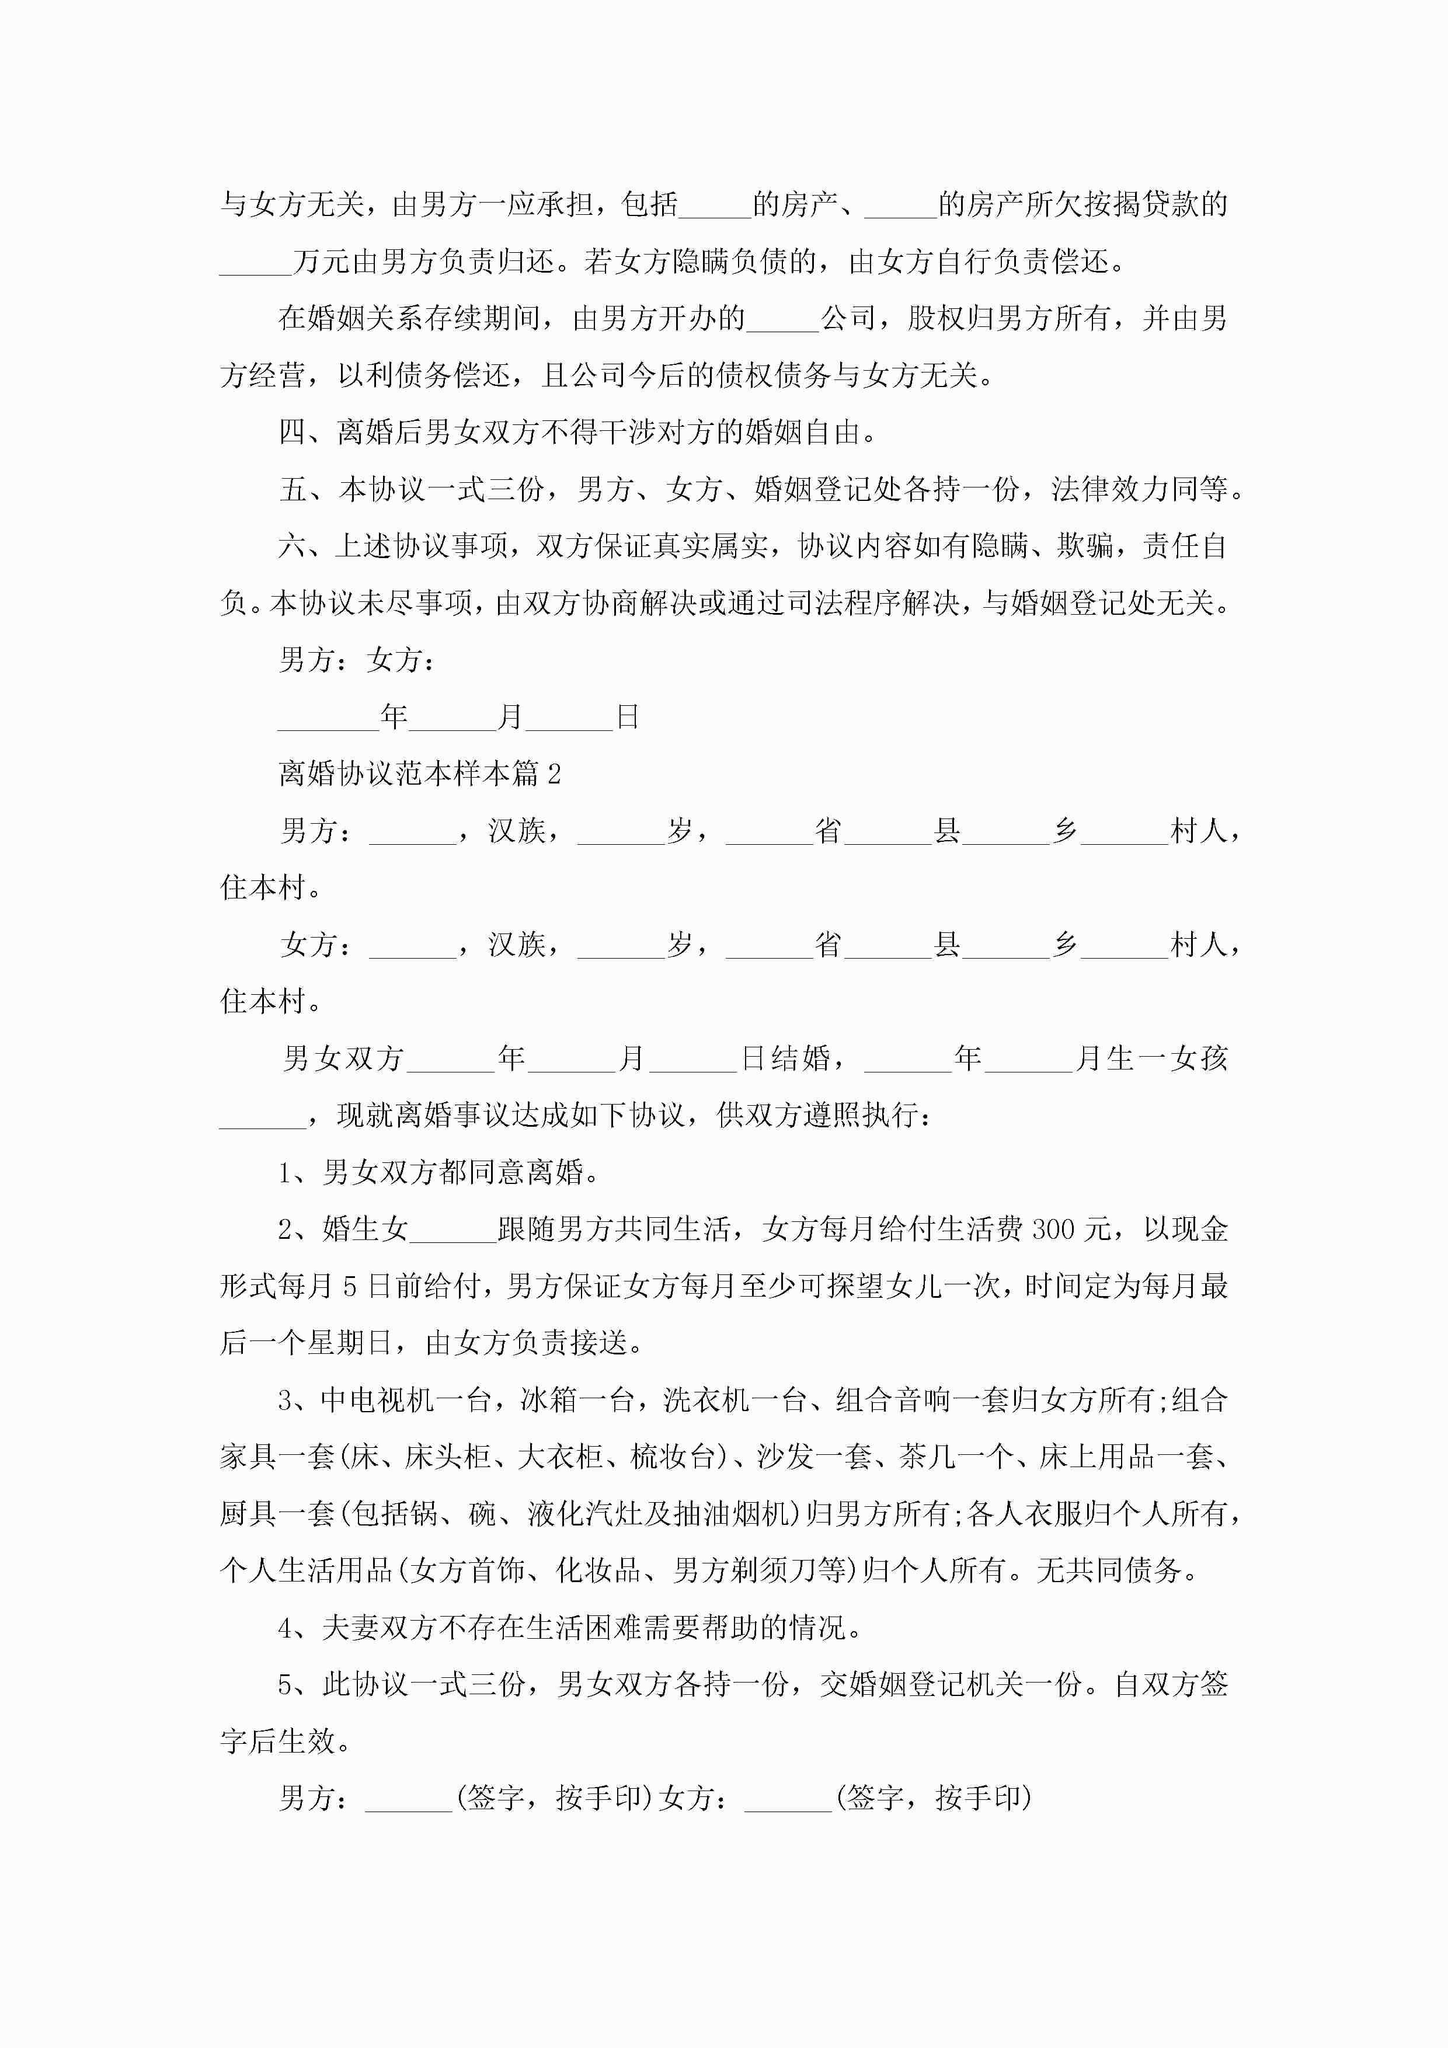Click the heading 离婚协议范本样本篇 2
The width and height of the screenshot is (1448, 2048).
[x=419, y=774]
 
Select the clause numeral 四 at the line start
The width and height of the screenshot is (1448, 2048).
[x=292, y=433]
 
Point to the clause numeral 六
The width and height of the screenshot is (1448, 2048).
[x=292, y=546]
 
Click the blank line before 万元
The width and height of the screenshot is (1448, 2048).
[x=255, y=262]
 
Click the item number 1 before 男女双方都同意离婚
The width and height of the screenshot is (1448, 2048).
[x=286, y=1173]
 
